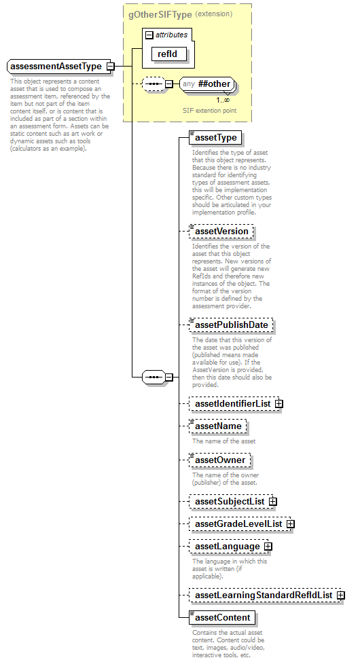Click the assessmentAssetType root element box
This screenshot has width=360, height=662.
(x=56, y=67)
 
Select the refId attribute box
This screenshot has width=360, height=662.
(x=167, y=54)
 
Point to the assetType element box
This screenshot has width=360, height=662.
(x=215, y=138)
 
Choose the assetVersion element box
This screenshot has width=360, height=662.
(x=221, y=232)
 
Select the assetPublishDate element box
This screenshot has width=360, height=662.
(x=230, y=325)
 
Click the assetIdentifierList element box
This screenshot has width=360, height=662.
(x=232, y=404)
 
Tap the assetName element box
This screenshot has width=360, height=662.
(x=217, y=427)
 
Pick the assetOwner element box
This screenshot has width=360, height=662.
(x=219, y=460)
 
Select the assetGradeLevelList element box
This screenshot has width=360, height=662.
(x=238, y=524)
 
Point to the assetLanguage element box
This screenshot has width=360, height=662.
(x=227, y=547)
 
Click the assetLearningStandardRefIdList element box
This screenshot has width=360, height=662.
(x=263, y=595)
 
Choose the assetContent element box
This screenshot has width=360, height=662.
(x=222, y=618)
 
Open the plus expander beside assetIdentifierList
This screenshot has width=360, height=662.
(x=279, y=404)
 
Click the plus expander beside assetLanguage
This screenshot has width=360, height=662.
(x=268, y=547)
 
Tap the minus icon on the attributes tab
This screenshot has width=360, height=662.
(x=149, y=35)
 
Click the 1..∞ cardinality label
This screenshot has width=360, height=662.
(x=223, y=100)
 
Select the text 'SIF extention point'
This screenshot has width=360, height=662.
(x=209, y=110)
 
